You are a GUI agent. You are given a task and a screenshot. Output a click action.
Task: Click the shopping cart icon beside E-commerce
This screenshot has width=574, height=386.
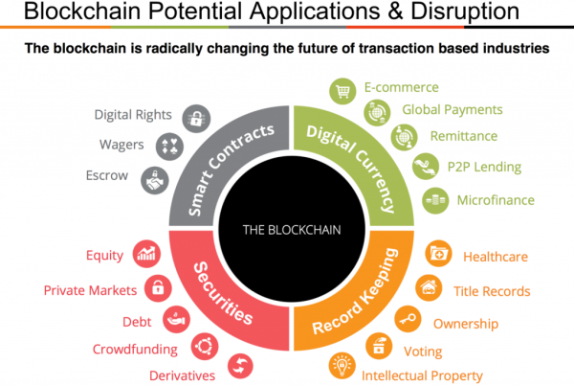click(x=342, y=91)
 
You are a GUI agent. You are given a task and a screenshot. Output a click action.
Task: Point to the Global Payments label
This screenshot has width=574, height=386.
click(x=453, y=109)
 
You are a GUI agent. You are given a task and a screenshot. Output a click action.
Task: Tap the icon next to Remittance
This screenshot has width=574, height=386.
click(x=405, y=137)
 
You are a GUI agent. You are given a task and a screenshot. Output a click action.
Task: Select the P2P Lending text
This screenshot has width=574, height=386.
click(x=484, y=167)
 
